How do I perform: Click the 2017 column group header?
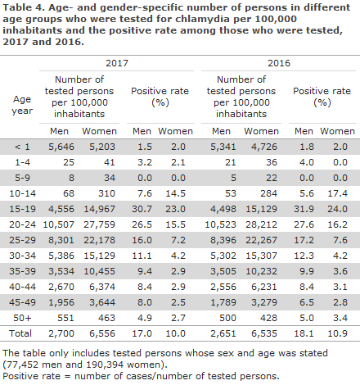point(117,63)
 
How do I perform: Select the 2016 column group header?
point(279,63)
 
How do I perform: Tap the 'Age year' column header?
point(22,105)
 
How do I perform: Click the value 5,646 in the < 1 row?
point(61,147)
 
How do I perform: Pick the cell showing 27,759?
point(99,224)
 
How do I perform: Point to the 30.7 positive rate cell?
point(142,209)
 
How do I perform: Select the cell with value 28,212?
point(261,224)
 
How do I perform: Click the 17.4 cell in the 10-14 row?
point(337,193)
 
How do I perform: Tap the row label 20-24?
point(22,224)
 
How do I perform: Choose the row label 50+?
point(22,318)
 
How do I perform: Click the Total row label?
point(20,333)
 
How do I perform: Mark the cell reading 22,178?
point(99,240)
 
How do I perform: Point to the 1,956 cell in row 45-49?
point(61,302)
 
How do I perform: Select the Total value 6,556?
point(102,333)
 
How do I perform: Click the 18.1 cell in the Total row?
point(304,333)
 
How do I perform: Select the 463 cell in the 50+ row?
point(106,318)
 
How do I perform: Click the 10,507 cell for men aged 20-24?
point(59,224)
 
